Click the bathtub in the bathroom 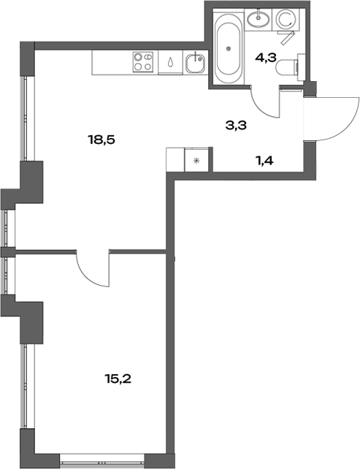[230, 49]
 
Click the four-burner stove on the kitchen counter [143, 63]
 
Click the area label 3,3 [236, 125]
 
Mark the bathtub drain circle [230, 48]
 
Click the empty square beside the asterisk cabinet [176, 159]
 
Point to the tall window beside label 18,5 [25, 117]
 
